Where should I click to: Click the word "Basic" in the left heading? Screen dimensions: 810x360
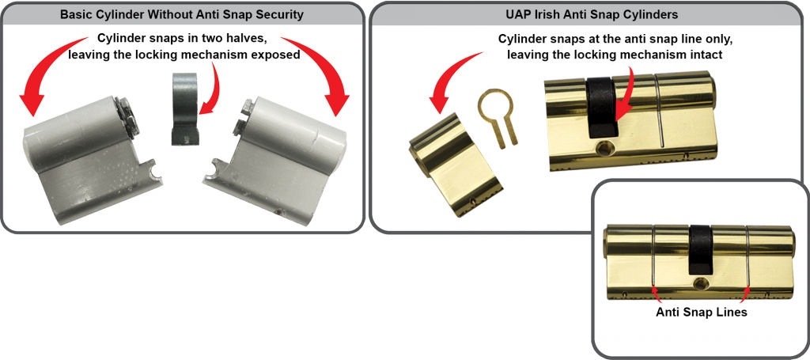point(74,14)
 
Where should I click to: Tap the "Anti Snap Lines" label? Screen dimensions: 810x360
point(702,313)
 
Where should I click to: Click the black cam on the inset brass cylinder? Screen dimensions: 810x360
point(700,250)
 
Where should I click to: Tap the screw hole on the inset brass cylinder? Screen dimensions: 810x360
point(700,282)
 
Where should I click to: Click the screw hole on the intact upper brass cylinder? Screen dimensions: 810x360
point(602,148)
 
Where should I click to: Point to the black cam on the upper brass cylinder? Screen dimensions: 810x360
point(601,106)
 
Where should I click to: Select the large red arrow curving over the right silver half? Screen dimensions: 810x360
point(324,65)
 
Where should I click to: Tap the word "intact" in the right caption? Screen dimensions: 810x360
point(706,55)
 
